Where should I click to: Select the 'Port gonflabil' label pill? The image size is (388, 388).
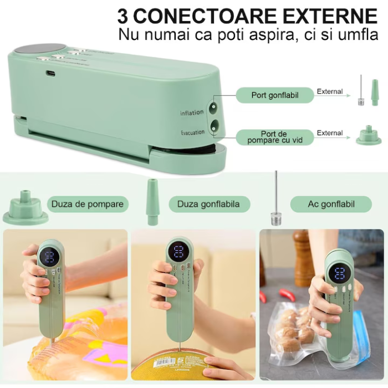(275, 95)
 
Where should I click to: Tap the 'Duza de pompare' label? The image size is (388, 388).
(88, 204)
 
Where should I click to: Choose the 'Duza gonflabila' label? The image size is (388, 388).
(208, 204)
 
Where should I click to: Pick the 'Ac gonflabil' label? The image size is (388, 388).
(331, 204)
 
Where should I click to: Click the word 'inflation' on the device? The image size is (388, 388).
(192, 113)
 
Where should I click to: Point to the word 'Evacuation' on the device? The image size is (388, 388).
(192, 132)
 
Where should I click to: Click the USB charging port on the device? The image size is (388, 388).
(50, 73)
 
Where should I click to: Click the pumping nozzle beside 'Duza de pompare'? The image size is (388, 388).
(25, 208)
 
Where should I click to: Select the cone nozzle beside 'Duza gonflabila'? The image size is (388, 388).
(152, 202)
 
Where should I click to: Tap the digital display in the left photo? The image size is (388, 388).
(49, 256)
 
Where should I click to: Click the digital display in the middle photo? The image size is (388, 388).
(179, 252)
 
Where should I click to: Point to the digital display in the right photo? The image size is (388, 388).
(339, 272)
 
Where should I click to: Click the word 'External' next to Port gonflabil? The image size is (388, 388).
(330, 91)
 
